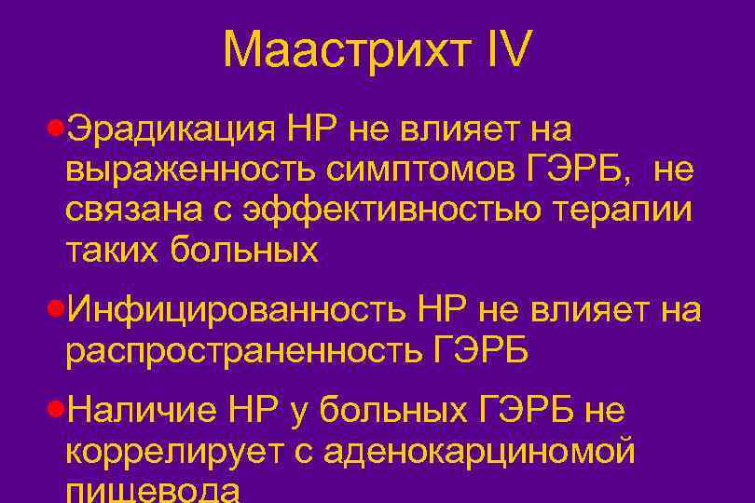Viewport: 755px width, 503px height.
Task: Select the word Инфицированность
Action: [x=237, y=309]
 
